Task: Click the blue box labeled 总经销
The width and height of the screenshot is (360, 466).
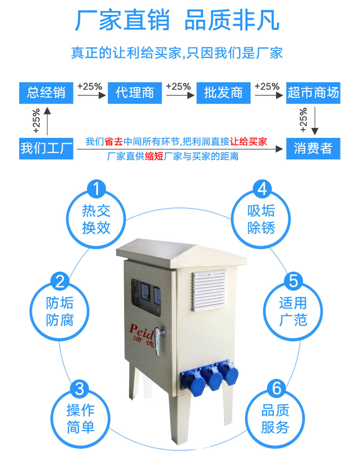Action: coord(46,93)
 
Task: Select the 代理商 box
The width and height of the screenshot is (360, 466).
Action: coord(135,93)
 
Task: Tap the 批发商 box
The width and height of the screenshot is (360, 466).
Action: coord(223,93)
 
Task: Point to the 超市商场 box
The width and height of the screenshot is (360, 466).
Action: coord(313,93)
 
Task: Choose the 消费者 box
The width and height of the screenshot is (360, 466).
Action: coord(313,149)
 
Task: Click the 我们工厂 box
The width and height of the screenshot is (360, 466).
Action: coord(46,149)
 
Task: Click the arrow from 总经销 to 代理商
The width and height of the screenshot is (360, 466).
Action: coord(92,95)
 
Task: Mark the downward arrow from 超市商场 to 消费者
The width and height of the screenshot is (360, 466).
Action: coord(315,121)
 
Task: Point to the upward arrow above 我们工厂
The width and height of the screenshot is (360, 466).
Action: coord(47,121)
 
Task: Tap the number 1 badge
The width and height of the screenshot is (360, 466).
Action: coord(97,189)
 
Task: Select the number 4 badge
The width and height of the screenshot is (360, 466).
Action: coord(262,189)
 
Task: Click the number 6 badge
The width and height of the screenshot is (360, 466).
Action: coord(277,388)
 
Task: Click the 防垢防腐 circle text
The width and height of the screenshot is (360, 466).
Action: coord(60,312)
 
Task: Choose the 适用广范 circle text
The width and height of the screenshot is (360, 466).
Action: coord(293,312)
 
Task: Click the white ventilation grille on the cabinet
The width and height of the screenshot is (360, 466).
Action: coord(210,290)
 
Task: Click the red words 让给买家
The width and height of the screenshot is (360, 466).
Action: coord(248,142)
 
